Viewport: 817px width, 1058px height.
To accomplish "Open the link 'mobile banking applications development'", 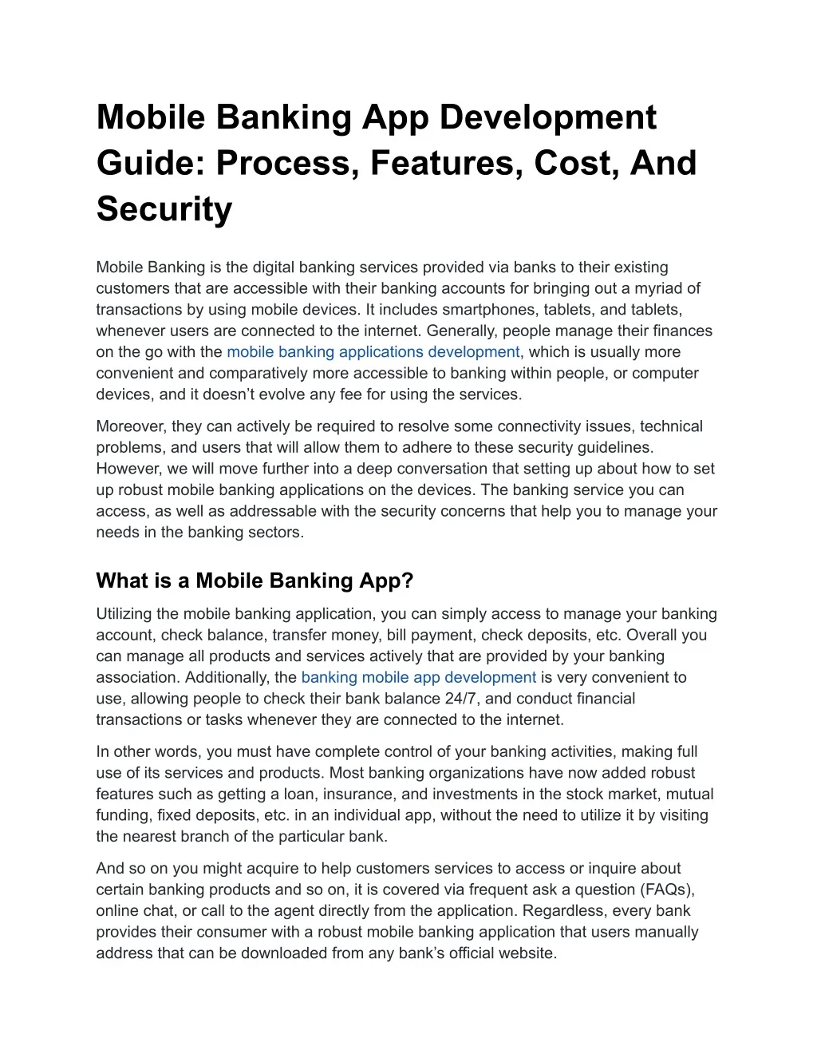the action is tap(373, 352).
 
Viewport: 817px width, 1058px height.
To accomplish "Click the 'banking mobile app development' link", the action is tap(418, 678).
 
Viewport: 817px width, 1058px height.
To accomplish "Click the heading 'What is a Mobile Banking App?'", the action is tap(255, 581).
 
